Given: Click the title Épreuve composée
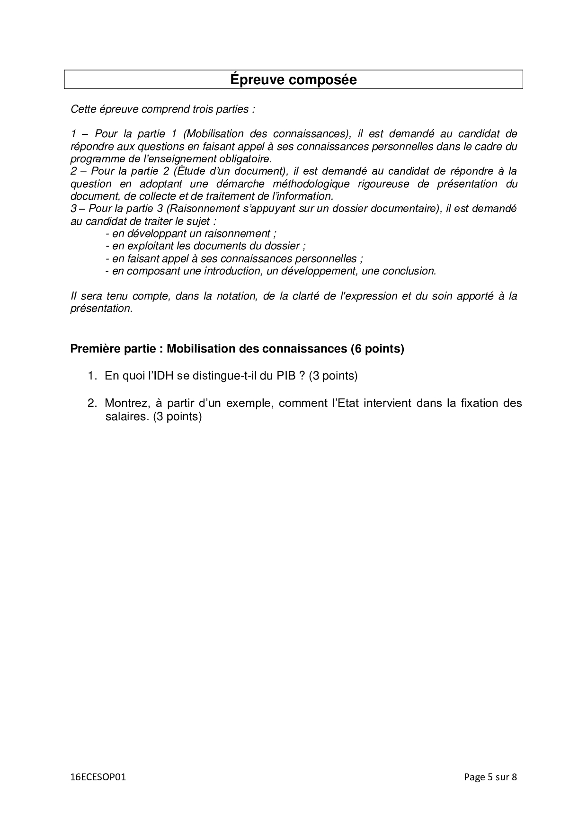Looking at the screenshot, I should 293,79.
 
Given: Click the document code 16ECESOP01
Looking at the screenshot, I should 98,777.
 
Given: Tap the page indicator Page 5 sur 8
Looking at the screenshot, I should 490,777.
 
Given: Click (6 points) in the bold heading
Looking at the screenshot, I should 377,349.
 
